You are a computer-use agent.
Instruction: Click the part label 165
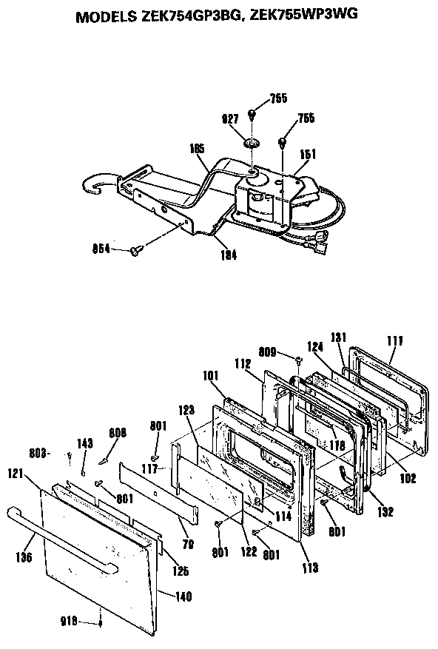197,149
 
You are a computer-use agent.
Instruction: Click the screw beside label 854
135,252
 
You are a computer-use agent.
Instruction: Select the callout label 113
310,568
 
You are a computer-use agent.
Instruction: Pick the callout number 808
118,433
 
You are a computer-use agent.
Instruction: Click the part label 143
85,444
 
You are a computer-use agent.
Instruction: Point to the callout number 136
24,558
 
